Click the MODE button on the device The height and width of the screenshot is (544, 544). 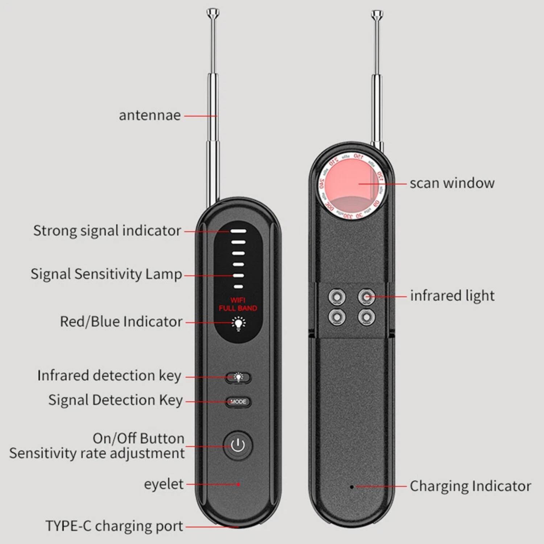click(x=238, y=401)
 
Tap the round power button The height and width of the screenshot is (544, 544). click(x=238, y=445)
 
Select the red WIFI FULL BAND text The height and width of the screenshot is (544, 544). click(x=238, y=304)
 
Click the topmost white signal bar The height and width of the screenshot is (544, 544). click(x=238, y=231)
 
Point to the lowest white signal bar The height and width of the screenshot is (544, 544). click(x=238, y=287)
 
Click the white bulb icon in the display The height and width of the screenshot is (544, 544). click(x=238, y=323)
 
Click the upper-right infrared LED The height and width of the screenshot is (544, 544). click(x=366, y=297)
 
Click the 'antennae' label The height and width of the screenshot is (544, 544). click(x=150, y=115)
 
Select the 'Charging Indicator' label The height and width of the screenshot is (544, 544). click(x=470, y=486)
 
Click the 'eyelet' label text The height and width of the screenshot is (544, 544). click(x=164, y=484)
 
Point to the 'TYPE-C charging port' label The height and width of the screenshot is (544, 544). click(x=114, y=526)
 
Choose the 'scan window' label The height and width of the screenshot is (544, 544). click(x=452, y=183)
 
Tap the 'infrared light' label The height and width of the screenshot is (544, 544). click(x=452, y=296)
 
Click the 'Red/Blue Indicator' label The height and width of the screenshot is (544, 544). click(x=121, y=322)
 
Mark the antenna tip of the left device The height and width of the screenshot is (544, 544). click(x=213, y=14)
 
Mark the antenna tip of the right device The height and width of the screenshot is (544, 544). click(x=377, y=15)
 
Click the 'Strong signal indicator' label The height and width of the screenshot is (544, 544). click(x=107, y=231)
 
